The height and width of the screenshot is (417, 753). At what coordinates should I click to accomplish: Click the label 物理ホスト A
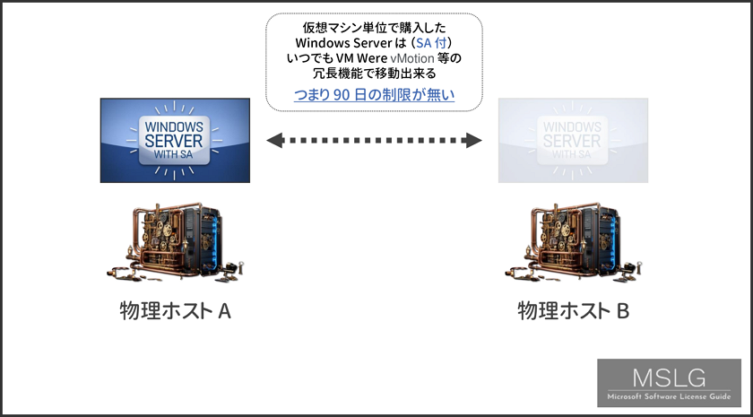176,311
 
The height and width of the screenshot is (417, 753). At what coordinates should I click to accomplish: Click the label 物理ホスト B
574,311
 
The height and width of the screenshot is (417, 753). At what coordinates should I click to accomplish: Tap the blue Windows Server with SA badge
175,140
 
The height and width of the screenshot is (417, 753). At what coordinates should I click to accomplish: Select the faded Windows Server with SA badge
573,140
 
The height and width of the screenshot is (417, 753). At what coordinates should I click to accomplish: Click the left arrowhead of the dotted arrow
274,140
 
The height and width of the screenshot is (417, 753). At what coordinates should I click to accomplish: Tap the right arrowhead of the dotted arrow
473,140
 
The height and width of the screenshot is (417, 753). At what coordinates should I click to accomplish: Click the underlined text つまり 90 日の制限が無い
374,95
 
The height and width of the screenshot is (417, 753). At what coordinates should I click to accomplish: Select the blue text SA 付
431,43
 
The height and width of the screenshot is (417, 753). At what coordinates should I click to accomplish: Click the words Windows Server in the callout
343,43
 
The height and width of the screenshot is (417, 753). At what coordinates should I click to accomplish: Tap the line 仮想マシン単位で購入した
374,28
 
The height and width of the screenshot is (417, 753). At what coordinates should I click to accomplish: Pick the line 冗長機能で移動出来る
374,74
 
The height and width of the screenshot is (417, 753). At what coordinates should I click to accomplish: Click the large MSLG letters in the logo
669,378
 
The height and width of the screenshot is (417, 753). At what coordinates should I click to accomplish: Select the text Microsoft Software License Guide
669,396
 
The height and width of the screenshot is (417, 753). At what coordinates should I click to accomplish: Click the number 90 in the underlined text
340,95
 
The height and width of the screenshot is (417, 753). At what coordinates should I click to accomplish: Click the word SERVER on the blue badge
174,141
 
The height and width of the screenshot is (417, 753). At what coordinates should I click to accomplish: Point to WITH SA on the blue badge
174,155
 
